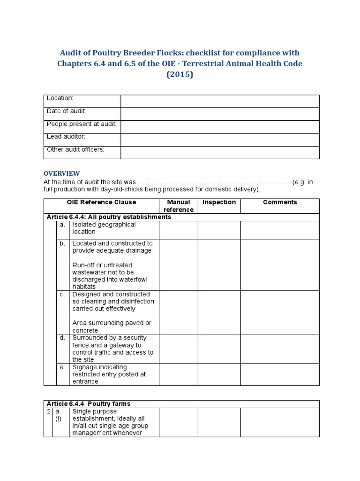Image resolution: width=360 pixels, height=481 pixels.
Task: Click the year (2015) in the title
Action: [180, 74]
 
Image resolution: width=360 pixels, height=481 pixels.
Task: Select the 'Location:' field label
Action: [60, 98]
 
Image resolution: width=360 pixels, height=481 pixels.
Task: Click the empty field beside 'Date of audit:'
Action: [220, 114]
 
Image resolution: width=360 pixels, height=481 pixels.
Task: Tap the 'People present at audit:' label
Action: [82, 124]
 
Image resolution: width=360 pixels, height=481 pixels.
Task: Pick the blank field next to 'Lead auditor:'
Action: [220, 140]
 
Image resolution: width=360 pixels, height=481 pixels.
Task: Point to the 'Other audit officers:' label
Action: [75, 149]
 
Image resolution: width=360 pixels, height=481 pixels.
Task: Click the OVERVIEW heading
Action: [62, 173]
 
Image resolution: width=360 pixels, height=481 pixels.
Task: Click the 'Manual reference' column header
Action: [179, 206]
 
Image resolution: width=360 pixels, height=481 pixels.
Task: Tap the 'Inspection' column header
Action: [219, 202]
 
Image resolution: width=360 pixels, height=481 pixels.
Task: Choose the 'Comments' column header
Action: [280, 202]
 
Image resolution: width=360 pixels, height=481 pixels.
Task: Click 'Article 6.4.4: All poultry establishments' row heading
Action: [109, 217]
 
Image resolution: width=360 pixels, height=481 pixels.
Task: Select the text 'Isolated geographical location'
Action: [104, 228]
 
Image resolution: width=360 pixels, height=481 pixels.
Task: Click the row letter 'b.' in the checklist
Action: [62, 243]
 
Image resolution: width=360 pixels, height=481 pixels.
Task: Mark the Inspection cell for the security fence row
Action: [219, 349]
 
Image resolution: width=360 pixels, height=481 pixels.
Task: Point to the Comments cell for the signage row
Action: [280, 374]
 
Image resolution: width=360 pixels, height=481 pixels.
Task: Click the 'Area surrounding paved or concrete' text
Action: [112, 326]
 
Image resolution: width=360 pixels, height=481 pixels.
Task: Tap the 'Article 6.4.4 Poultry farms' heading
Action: [89, 404]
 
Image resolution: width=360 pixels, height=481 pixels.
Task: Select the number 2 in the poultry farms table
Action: [48, 411]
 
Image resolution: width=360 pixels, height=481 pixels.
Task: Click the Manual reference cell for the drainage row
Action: [179, 265]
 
